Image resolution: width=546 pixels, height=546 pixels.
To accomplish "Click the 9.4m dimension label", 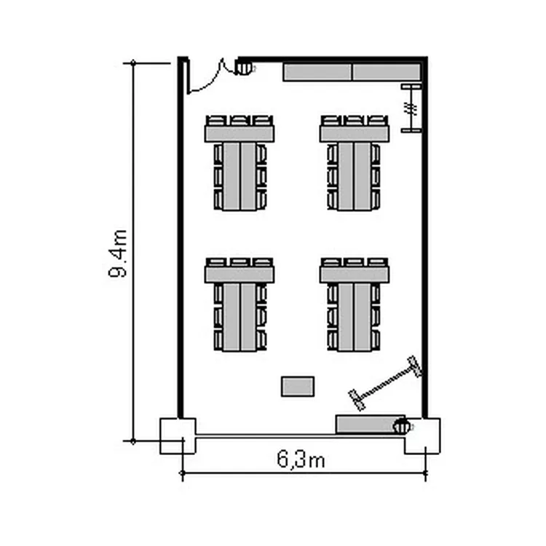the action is (118, 253).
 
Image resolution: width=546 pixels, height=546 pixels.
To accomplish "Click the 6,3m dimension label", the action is (301, 459).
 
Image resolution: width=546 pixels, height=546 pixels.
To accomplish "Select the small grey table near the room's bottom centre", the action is (298, 387).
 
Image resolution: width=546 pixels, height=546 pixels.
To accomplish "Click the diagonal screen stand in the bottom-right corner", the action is (385, 384).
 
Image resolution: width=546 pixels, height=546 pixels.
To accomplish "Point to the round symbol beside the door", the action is (244, 67).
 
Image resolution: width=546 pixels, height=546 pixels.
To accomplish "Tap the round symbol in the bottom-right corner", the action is (402, 426).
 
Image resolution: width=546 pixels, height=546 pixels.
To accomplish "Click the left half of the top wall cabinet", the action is (317, 72).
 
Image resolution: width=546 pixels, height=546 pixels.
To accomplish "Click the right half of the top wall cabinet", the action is (387, 72).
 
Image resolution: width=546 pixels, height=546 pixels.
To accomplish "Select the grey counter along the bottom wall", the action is (365, 424).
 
